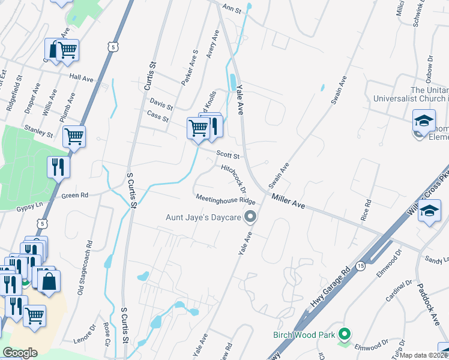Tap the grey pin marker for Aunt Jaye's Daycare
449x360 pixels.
(252, 217)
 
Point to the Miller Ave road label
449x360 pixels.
(288, 202)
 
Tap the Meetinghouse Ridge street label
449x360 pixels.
(225, 200)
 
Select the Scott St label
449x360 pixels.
(228, 156)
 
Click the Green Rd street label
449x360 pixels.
(75, 196)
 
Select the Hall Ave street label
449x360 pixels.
(82, 77)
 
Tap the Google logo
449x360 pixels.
(20, 352)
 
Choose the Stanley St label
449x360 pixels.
(39, 131)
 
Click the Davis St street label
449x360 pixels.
(161, 104)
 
